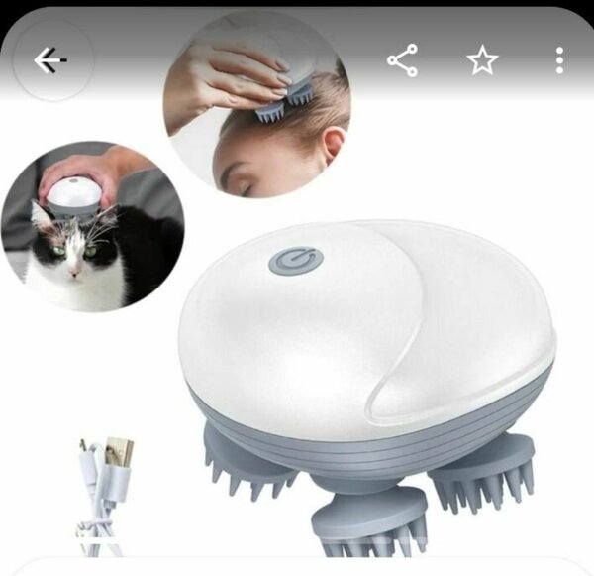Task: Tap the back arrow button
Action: (49, 61)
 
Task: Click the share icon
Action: (402, 61)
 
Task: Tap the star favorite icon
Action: (482, 61)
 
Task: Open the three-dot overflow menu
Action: (560, 61)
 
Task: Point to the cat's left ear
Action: (41, 212)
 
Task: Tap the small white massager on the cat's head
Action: (76, 194)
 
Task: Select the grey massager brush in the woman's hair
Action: (277, 110)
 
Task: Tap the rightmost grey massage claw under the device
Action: (485, 471)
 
